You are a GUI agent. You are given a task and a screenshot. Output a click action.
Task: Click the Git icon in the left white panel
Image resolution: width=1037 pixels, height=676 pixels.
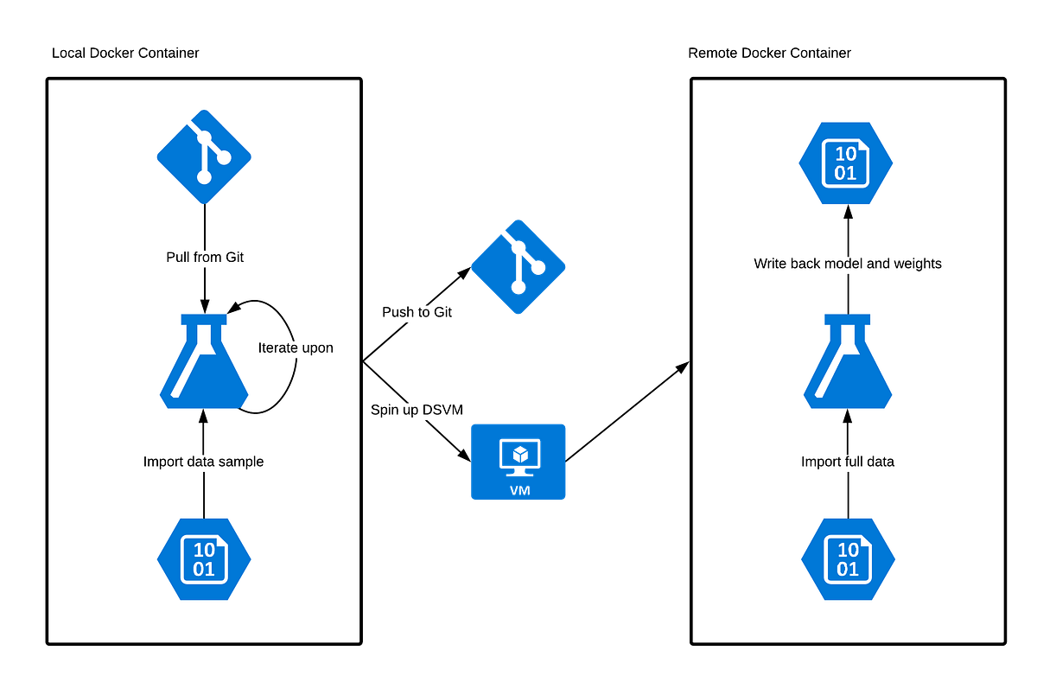(204, 156)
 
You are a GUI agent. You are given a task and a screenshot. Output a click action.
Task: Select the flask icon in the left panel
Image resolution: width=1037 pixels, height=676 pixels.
(204, 363)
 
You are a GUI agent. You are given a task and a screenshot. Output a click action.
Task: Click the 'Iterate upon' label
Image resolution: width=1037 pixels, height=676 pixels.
(296, 348)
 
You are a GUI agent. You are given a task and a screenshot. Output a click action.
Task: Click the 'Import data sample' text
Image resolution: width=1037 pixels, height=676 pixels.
(203, 462)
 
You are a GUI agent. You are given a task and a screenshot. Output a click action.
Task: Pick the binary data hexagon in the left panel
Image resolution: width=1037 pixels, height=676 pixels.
(204, 559)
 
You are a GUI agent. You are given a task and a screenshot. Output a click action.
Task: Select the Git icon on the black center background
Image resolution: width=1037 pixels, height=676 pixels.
(518, 267)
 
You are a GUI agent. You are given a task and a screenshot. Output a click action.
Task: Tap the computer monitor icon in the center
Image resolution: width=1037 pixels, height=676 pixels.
(518, 461)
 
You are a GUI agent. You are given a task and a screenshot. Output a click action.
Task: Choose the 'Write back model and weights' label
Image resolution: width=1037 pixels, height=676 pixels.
(848, 263)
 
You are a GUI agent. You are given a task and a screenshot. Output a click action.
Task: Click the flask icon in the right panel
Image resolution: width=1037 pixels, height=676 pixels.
(848, 363)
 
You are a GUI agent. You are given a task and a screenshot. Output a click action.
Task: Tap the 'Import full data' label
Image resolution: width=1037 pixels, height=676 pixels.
(848, 462)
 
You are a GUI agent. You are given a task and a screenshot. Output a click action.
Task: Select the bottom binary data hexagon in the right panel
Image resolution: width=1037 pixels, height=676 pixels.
(848, 559)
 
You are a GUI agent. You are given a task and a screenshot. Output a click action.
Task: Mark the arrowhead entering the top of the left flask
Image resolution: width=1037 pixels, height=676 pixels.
(204, 307)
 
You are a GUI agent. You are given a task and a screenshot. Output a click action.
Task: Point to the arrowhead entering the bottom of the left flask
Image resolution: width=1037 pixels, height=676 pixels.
(204, 416)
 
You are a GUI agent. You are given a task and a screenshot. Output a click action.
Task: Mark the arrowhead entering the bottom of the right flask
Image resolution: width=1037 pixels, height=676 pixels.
(848, 416)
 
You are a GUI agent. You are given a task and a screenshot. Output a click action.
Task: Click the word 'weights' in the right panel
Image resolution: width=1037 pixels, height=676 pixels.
(917, 263)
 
